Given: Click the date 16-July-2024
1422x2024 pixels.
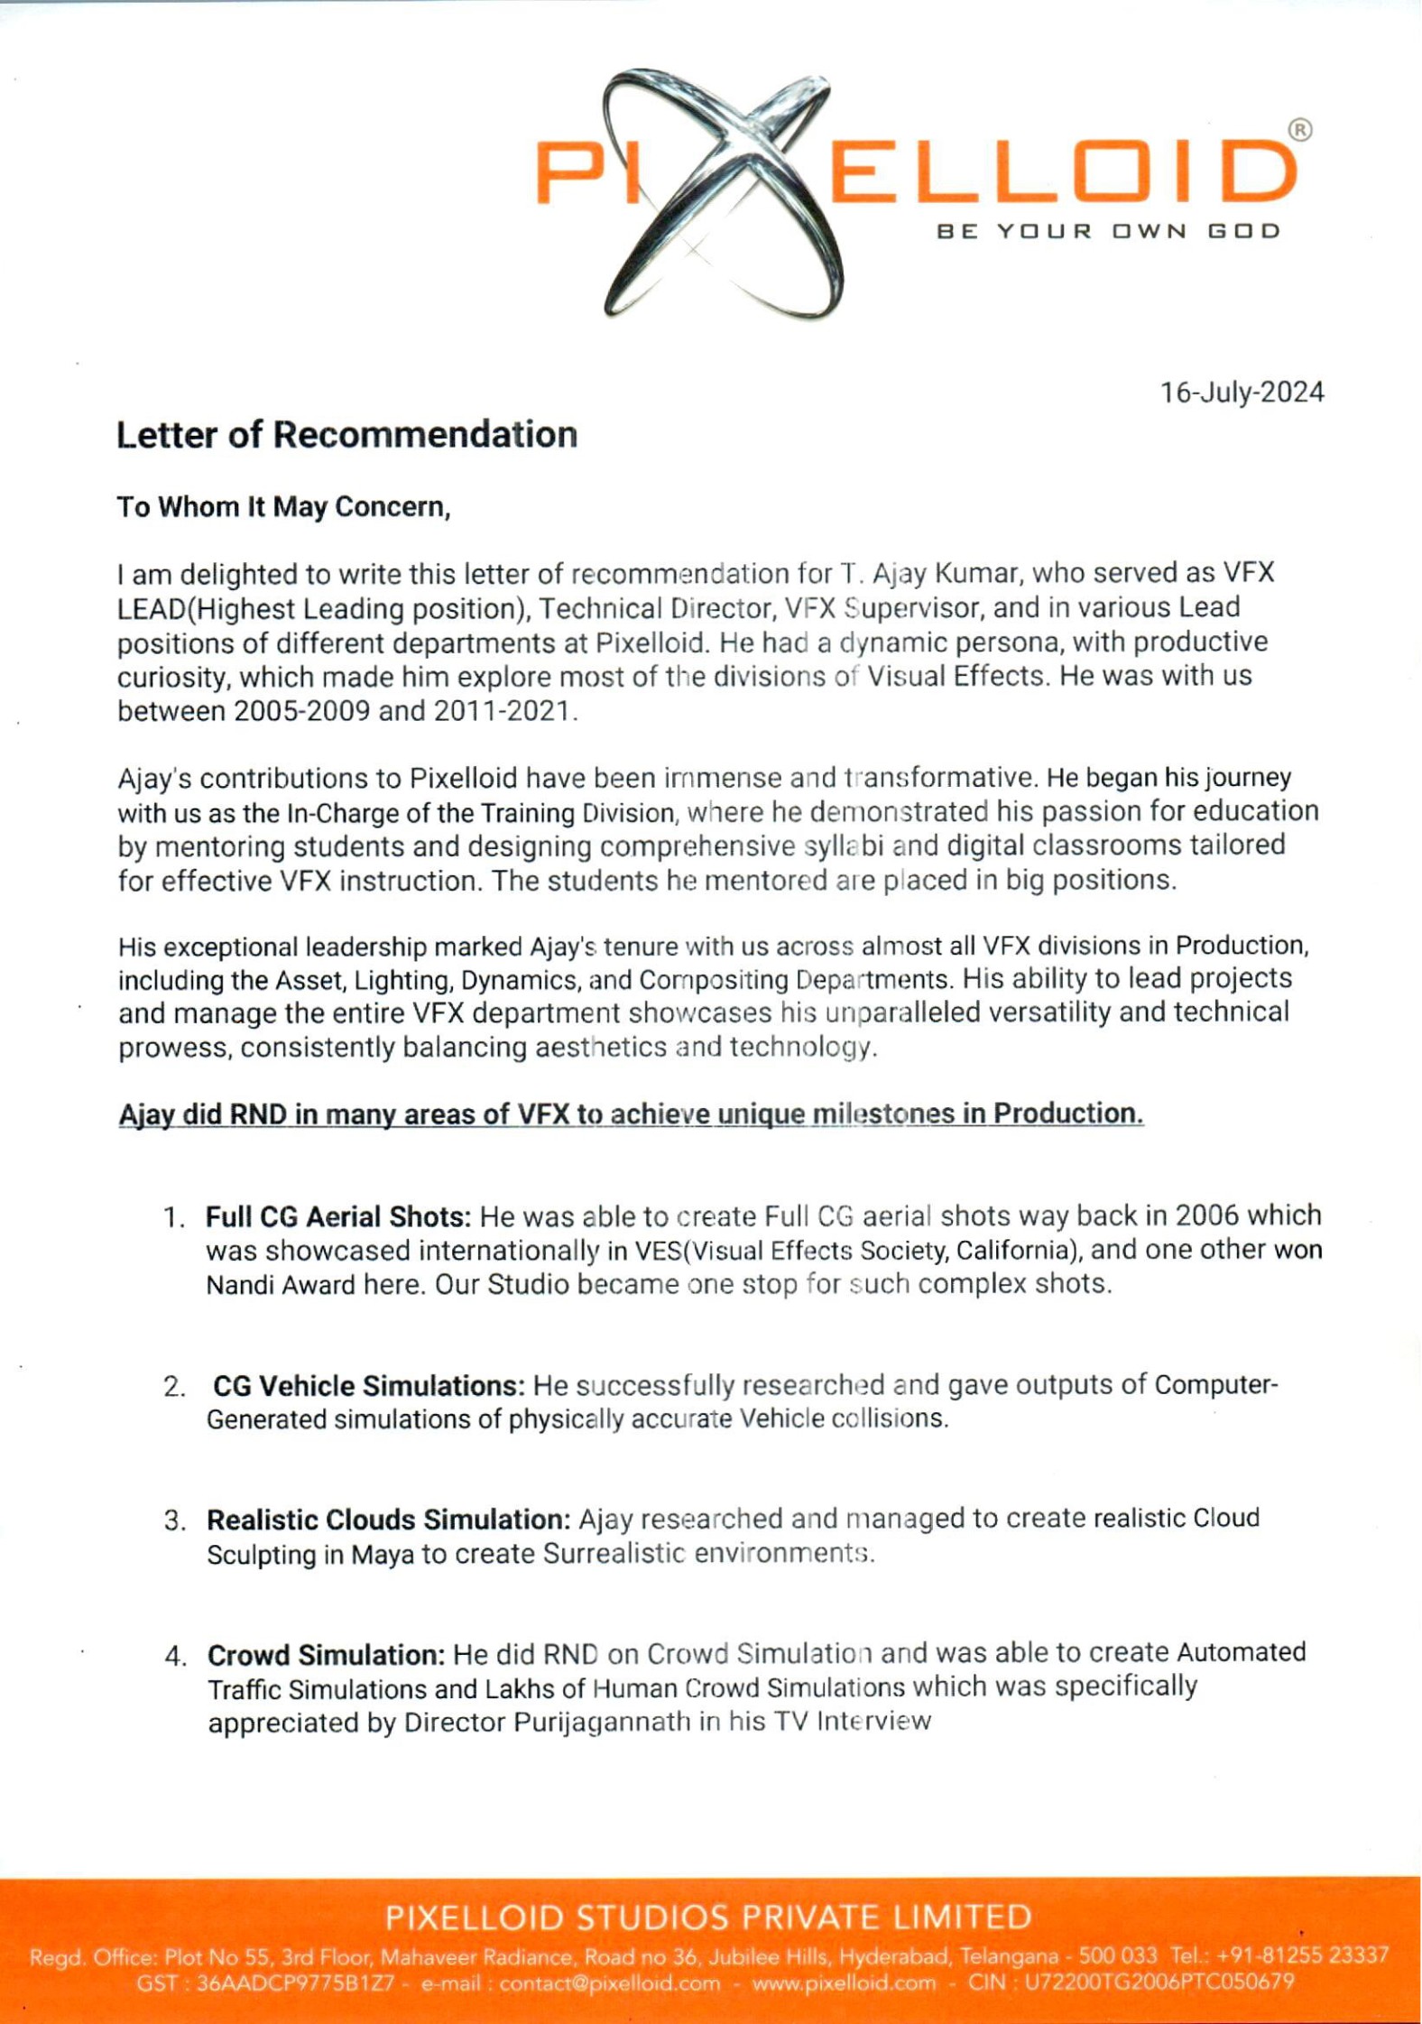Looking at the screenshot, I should [1242, 393].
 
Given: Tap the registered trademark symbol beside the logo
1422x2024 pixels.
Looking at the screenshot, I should [1300, 130].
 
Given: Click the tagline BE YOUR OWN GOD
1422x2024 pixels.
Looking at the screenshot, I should [1109, 231].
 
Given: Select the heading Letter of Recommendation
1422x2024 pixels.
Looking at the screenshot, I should [346, 435].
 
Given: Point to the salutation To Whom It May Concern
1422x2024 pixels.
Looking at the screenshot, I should [283, 507].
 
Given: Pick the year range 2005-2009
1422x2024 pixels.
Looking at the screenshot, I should [301, 711].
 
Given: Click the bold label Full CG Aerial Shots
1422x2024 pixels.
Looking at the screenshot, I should [338, 1216].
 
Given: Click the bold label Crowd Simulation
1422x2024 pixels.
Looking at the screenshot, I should [327, 1655].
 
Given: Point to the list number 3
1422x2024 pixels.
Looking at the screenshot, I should [174, 1521].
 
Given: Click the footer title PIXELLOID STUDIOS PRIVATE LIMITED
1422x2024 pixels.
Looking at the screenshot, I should [709, 1917].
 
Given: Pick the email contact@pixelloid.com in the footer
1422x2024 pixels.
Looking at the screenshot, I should [610, 1982].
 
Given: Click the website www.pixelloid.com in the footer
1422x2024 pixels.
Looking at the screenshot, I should [844, 1982].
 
